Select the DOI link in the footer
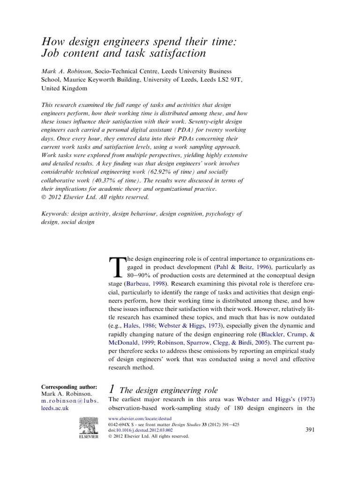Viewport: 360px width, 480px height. point(147,429)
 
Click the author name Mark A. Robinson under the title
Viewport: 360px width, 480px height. point(66,71)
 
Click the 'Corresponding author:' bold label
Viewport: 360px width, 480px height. point(69,387)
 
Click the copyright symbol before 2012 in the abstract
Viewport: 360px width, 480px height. point(45,198)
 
